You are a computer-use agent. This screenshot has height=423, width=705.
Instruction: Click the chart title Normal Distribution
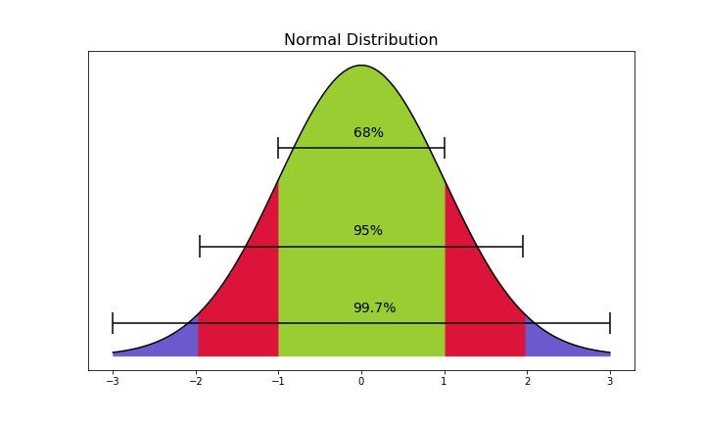tap(361, 40)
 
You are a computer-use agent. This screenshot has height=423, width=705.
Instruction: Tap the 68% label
tap(368, 132)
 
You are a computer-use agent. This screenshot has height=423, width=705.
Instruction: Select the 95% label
tap(368, 231)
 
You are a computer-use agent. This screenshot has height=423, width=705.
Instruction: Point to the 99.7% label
tap(374, 307)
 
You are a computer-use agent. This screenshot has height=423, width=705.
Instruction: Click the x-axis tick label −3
tap(113, 382)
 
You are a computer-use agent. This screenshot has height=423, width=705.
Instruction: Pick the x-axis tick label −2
tap(195, 382)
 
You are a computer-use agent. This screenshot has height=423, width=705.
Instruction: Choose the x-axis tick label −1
tap(278, 382)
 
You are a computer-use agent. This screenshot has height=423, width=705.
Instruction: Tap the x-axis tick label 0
tap(361, 382)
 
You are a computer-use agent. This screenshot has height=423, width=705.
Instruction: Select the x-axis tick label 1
tap(445, 382)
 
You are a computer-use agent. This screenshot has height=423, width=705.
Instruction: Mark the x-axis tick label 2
tap(527, 382)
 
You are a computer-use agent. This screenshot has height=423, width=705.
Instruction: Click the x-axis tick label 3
tap(610, 382)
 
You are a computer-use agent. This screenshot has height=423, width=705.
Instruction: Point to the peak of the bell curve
tap(361, 66)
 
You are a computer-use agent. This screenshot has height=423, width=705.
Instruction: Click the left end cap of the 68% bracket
tap(278, 148)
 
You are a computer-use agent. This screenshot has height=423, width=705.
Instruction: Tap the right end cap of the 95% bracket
tap(523, 246)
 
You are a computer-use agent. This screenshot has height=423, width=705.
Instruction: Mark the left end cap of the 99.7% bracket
tap(113, 323)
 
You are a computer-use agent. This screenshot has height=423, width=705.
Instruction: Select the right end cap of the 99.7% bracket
tap(610, 323)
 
